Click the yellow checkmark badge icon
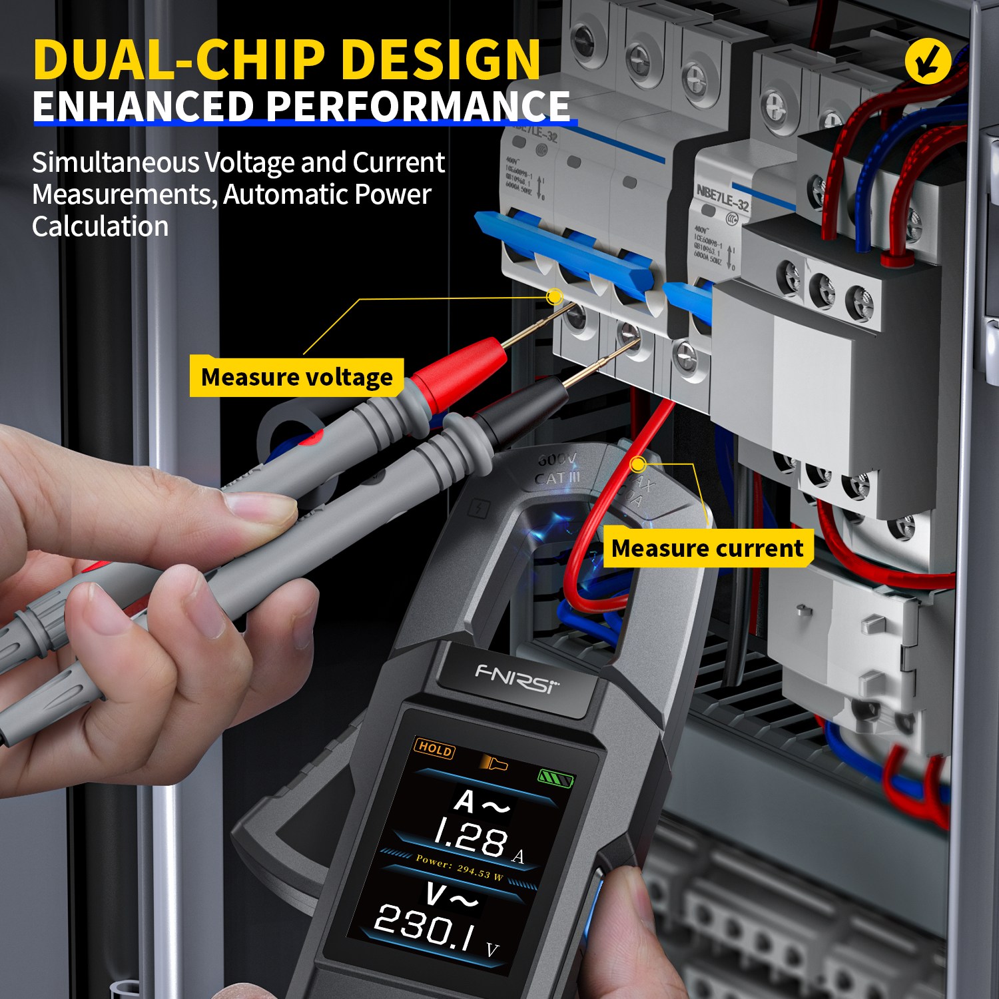tap(928, 61)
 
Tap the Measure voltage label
tap(296, 378)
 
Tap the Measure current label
tap(707, 548)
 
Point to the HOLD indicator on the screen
tap(435, 749)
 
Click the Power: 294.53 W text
tap(459, 866)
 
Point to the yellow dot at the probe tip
tap(554, 297)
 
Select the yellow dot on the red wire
tap(637, 464)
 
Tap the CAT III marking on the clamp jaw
tap(557, 478)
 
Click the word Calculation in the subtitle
tap(100, 226)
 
